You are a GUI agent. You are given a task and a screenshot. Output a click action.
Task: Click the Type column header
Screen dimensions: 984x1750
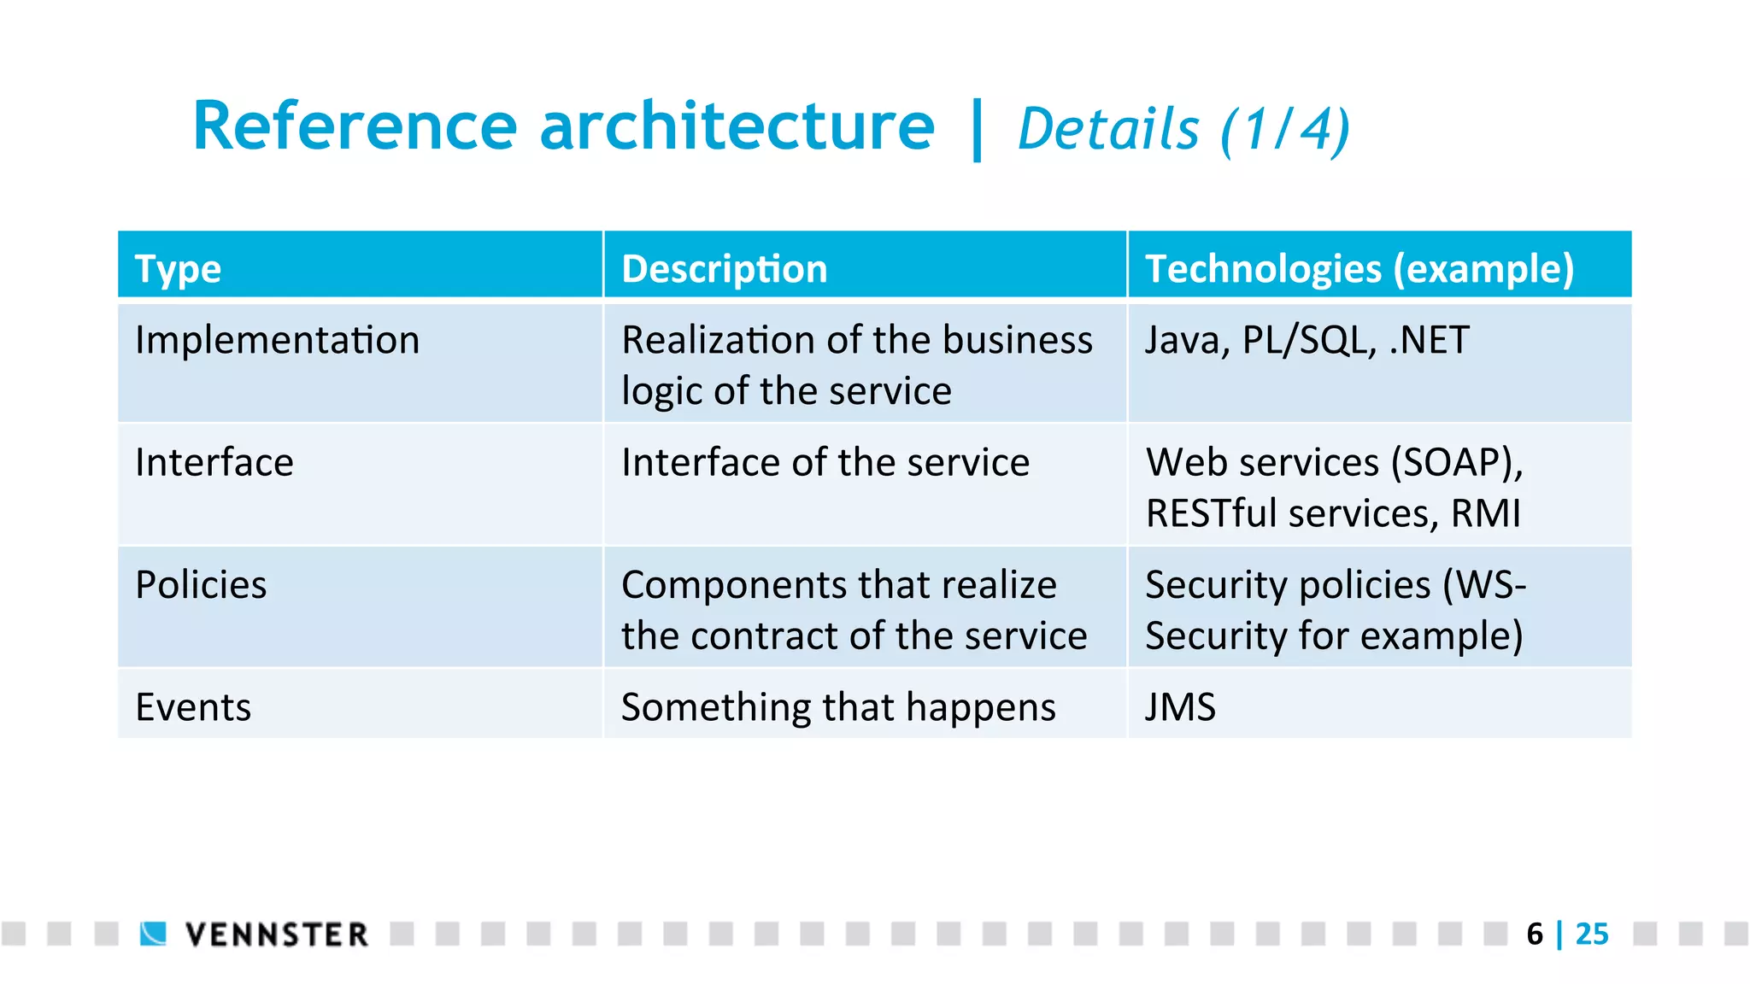tap(178, 269)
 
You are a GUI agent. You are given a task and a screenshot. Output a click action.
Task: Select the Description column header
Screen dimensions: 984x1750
tap(725, 269)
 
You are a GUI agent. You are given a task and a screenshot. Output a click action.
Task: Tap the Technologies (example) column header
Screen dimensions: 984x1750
tap(1359, 269)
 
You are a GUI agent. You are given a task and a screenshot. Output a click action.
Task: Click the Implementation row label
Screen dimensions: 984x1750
tap(278, 341)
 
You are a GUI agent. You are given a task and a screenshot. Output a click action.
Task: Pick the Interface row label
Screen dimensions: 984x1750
tap(214, 463)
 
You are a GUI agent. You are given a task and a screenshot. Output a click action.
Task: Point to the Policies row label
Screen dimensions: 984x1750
tap(201, 586)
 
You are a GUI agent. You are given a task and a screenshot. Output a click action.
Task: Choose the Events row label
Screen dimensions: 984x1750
tap(193, 708)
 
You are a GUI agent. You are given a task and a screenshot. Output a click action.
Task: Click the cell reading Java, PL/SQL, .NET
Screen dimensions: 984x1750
tap(1307, 341)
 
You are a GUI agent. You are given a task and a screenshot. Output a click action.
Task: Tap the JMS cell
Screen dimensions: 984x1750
tap(1180, 708)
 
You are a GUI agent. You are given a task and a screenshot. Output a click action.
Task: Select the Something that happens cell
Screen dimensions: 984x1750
tap(838, 708)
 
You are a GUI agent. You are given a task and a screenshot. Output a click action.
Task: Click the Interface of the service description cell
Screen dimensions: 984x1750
tap(825, 463)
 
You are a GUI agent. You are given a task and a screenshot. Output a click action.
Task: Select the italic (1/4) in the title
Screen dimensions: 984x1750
tap(1286, 131)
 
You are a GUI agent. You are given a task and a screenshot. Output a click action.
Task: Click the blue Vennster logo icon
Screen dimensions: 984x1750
tap(154, 934)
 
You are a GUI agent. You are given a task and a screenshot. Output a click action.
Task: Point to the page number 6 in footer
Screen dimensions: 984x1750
tap(1535, 934)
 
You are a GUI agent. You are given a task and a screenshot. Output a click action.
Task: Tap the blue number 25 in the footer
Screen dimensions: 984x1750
tap(1592, 934)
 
